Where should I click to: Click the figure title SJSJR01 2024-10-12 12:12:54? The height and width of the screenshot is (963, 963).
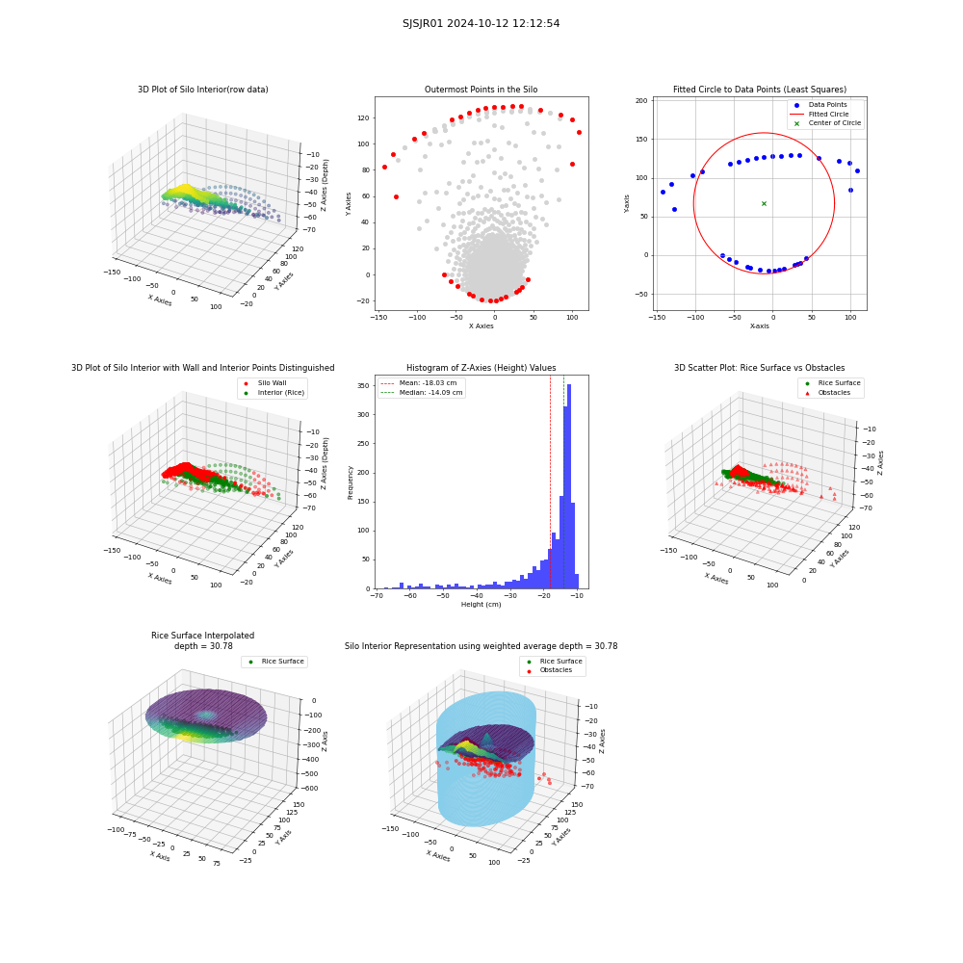pyautogui.click(x=481, y=23)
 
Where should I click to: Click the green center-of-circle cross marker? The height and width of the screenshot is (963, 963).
pyautogui.click(x=764, y=203)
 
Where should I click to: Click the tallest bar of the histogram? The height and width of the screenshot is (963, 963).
pyautogui.click(x=569, y=486)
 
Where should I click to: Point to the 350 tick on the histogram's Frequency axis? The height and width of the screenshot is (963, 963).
pyautogui.click(x=364, y=386)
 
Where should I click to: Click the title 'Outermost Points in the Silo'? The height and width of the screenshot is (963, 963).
pyautogui.click(x=481, y=90)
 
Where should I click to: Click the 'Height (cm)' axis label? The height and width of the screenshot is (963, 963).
pyautogui.click(x=481, y=605)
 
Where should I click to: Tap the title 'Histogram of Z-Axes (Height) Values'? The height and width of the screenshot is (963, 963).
pyautogui.click(x=481, y=368)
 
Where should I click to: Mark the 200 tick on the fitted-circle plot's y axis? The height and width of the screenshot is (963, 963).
pyautogui.click(x=641, y=101)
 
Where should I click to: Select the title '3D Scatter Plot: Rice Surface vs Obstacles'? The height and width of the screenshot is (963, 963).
pyautogui.click(x=759, y=368)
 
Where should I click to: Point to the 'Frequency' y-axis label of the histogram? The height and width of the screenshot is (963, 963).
pyautogui.click(x=351, y=482)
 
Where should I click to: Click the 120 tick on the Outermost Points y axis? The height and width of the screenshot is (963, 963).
pyautogui.click(x=364, y=117)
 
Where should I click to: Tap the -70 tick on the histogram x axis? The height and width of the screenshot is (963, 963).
pyautogui.click(x=377, y=595)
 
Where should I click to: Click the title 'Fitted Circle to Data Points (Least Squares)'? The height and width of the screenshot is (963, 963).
pyautogui.click(x=759, y=90)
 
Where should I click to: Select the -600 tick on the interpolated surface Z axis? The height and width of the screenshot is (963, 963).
pyautogui.click(x=308, y=789)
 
